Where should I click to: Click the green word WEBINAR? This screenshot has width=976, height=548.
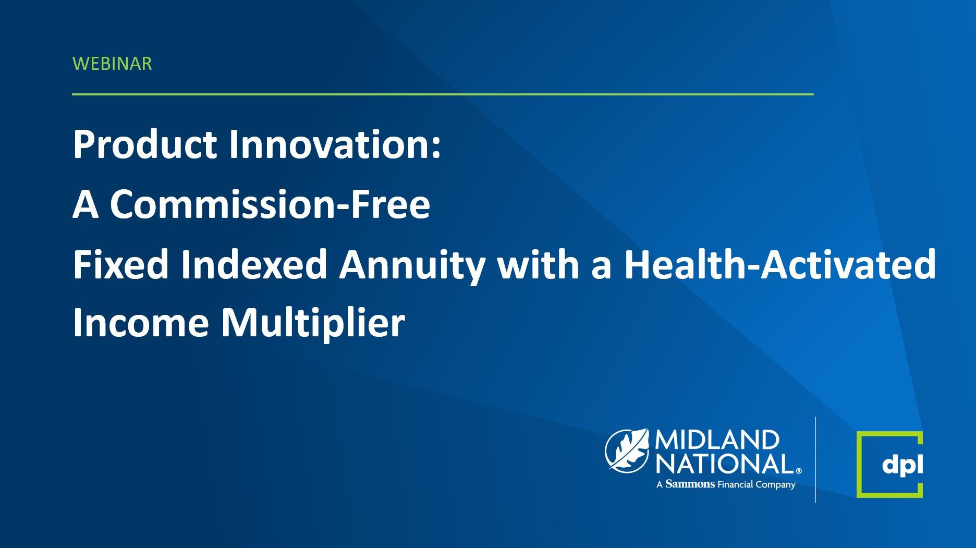click(x=112, y=64)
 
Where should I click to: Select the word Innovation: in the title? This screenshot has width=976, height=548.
click(x=335, y=144)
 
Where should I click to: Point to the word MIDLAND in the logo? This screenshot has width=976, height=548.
click(x=716, y=441)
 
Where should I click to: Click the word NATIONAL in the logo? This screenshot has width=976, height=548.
click(x=725, y=464)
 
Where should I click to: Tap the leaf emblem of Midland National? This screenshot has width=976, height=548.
click(x=627, y=450)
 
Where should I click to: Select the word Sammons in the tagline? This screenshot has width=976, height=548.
click(x=690, y=484)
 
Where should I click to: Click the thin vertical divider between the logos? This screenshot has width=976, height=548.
click(x=816, y=459)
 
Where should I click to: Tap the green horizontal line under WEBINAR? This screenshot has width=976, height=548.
click(x=443, y=94)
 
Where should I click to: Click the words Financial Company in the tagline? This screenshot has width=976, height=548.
click(x=757, y=485)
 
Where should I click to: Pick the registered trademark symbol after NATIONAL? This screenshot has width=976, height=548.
click(x=799, y=471)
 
